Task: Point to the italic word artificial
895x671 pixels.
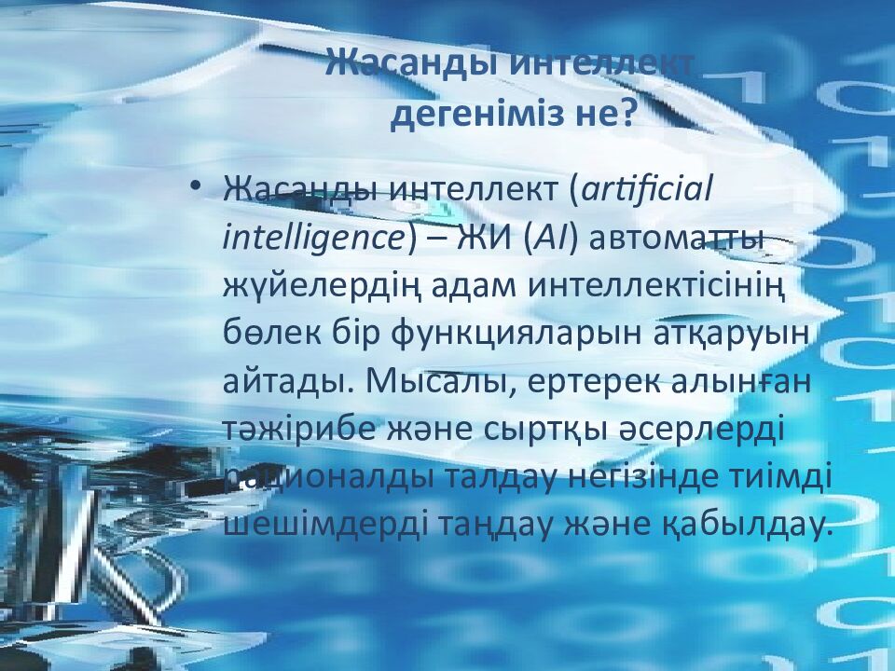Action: pos(646,189)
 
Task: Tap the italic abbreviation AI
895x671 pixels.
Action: pos(546,238)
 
